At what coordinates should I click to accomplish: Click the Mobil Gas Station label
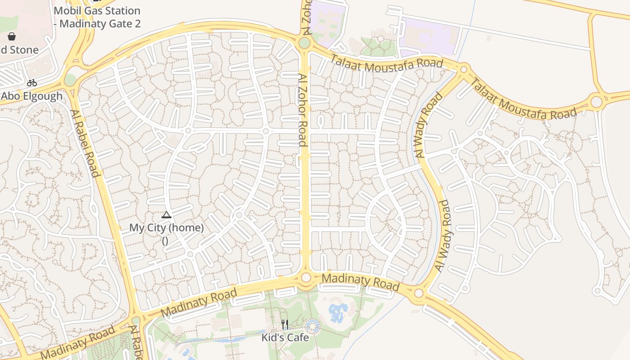tap(97, 17)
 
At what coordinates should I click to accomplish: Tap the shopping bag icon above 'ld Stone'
tap(12, 36)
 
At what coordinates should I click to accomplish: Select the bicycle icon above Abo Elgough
tap(31, 83)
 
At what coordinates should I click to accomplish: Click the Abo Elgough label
tap(31, 96)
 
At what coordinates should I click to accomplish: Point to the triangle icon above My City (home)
tap(166, 215)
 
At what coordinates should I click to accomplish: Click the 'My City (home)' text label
tap(166, 228)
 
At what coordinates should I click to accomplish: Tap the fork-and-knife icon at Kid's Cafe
tap(284, 324)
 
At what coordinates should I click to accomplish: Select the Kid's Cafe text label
tap(285, 337)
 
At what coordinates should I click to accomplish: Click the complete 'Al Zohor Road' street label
tap(303, 110)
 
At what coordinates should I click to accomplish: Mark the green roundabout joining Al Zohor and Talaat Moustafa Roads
tap(304, 43)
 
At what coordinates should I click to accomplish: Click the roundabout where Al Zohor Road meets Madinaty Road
tap(306, 277)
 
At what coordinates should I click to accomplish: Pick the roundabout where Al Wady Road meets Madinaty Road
tap(419, 293)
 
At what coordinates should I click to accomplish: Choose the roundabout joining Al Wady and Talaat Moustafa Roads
tap(463, 69)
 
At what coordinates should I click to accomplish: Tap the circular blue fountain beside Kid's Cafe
tap(312, 326)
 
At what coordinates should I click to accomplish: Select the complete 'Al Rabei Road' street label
tap(84, 143)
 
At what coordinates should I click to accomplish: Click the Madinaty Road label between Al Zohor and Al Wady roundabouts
tap(360, 282)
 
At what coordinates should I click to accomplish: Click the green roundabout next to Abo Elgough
tap(70, 80)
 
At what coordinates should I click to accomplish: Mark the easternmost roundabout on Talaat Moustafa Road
tap(596, 102)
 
